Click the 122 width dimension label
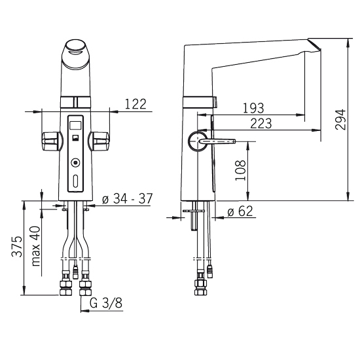[135, 104]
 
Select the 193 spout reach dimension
[253, 108]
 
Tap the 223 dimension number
[261, 123]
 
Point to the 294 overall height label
[340, 120]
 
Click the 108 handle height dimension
[240, 170]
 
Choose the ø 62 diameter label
[240, 211]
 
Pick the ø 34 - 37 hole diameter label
[127, 198]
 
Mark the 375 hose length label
[17, 246]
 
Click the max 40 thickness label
[35, 246]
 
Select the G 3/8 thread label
[106, 303]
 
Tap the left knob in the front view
[52, 141]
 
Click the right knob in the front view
[99, 141]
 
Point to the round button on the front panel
[75, 163]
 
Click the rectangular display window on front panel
[75, 126]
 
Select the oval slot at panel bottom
[75, 181]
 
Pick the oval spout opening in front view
[76, 47]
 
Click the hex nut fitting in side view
[200, 287]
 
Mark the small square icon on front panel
[75, 137]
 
